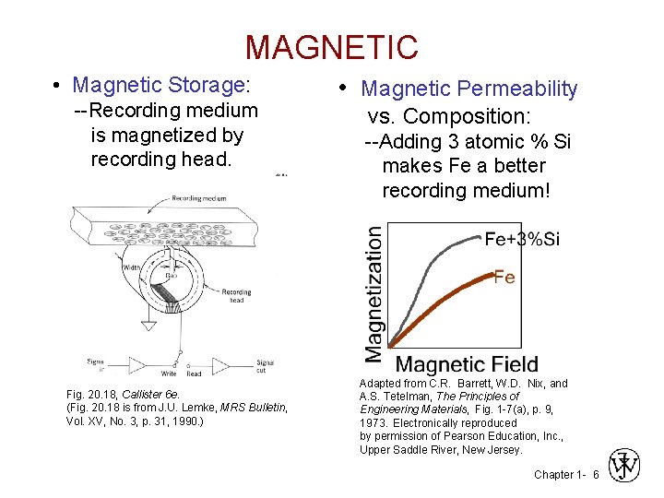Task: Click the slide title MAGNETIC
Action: (331, 47)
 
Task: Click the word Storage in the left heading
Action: (207, 86)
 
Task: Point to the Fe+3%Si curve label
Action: (522, 240)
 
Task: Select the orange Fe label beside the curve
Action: (504, 277)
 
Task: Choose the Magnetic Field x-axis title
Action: (466, 365)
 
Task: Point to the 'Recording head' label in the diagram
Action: (236, 296)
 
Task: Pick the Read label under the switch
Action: (194, 373)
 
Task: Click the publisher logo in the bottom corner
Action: (624, 467)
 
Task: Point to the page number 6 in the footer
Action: (596, 474)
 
